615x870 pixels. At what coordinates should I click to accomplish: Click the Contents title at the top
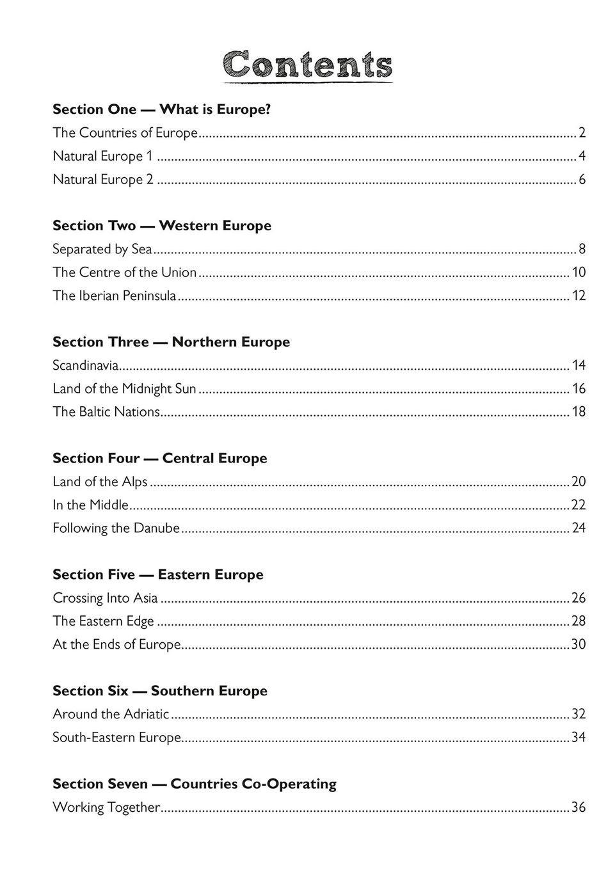point(308,65)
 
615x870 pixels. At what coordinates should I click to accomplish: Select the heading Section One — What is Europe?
point(161,109)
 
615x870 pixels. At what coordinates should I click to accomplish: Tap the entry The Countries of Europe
point(125,133)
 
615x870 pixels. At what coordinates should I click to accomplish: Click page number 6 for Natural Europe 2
point(582,180)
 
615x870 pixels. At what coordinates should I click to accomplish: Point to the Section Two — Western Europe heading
point(162,226)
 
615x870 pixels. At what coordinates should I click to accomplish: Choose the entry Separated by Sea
point(102,249)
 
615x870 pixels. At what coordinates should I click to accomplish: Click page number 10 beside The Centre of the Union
point(579,273)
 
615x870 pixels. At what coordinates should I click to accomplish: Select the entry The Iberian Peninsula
point(114,296)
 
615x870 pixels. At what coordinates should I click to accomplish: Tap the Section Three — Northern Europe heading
point(171,342)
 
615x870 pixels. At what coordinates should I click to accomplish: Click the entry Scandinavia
point(86,365)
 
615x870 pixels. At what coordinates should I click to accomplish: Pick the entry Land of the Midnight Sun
point(124,389)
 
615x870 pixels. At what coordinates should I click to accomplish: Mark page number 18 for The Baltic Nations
point(579,412)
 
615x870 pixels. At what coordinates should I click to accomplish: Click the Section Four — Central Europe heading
point(160,459)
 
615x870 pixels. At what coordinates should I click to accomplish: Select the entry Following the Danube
point(116,528)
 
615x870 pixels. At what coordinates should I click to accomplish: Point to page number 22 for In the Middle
point(579,505)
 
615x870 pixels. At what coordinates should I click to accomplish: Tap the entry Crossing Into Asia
point(105,598)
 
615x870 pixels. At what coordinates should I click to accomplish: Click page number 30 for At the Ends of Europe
point(579,645)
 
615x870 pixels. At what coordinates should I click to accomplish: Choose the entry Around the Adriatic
point(111,715)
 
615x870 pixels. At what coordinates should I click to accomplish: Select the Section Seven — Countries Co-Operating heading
point(195,784)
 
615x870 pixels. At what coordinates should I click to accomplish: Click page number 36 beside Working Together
point(579,808)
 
